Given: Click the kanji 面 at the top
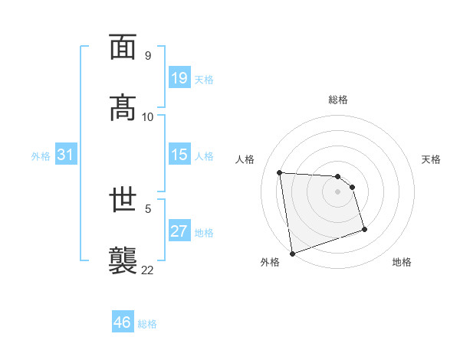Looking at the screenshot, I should coord(123,47).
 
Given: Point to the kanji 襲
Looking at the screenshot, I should coord(123,259).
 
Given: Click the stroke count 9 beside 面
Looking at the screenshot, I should coord(147,56).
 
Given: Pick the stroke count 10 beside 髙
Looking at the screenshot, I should coord(147,116).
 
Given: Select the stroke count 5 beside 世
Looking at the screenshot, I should coord(147,207).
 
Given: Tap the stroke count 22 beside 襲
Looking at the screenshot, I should coord(147,269).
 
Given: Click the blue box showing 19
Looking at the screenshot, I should coord(179,78).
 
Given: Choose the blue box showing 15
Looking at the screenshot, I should coord(179,155).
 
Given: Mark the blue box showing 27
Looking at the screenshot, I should coord(179,231).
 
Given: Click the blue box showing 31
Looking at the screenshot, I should coord(66,155).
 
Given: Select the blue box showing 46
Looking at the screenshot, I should coord(123,322).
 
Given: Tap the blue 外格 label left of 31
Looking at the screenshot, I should coord(41,155).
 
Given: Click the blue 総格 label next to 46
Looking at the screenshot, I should coord(147,323).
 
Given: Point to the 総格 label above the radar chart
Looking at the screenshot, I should coord(338,100).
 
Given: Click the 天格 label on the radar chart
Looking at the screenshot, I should coord(432,159).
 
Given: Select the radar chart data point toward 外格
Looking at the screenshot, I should coord(291,253).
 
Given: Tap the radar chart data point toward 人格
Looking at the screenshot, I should coord(280,172).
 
